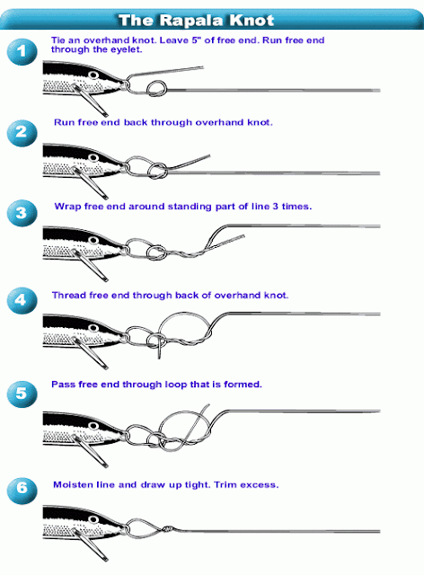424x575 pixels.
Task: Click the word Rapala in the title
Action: pyautogui.click(x=191, y=20)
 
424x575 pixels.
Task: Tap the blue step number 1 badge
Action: pyautogui.click(x=22, y=52)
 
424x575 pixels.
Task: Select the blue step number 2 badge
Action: pyautogui.click(x=22, y=133)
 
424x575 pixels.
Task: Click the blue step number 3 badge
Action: pyautogui.click(x=22, y=213)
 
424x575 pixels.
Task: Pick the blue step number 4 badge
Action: pyautogui.click(x=22, y=301)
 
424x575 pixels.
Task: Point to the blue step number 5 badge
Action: pyautogui.click(x=22, y=394)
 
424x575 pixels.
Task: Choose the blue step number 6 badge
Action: pyautogui.click(x=22, y=491)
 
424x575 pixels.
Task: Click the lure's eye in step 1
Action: pyautogui.click(x=93, y=75)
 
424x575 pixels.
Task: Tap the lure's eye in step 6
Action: pyautogui.click(x=93, y=519)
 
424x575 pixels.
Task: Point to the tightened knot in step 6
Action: pyautogui.click(x=167, y=529)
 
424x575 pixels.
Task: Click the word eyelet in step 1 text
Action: pyautogui.click(x=126, y=49)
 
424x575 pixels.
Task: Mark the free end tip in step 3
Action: pyautogui.click(x=243, y=236)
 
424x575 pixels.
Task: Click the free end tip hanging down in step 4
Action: pyautogui.click(x=159, y=358)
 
